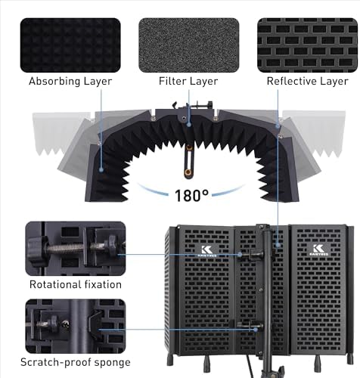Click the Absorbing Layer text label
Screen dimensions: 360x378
70,82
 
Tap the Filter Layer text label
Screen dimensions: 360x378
188,81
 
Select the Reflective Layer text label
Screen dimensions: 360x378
307,81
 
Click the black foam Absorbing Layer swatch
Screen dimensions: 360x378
70,45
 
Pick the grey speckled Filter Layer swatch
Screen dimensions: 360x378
189,45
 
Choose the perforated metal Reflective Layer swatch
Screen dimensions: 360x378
307,45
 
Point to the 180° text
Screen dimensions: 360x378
191,195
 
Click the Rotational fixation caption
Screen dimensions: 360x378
76,284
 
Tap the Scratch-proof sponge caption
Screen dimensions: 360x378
76,362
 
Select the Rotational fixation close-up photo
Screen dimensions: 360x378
76,249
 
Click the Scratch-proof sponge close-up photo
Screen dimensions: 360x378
76,327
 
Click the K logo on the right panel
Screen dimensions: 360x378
319,250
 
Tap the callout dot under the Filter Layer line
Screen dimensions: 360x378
189,124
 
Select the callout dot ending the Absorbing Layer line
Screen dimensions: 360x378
101,169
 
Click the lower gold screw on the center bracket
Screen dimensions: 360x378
188,172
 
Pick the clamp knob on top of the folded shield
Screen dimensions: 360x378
209,104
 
